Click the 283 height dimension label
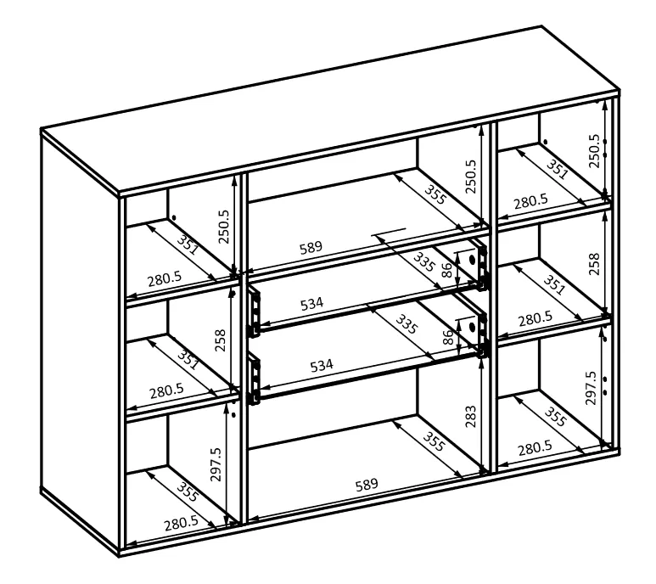[x=471, y=416]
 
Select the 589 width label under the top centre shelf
[x=311, y=247]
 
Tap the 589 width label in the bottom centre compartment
[x=367, y=485]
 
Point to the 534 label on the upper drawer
[x=312, y=303]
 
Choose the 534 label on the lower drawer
[x=322, y=365]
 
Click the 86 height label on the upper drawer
[x=447, y=270]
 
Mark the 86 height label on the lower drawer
[x=447, y=337]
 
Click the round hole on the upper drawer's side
[x=473, y=260]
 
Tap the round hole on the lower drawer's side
[x=473, y=327]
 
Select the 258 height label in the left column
[x=221, y=340]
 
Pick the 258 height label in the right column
[x=594, y=264]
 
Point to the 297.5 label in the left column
[x=216, y=464]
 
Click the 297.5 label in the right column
[x=591, y=387]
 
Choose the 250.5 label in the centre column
[x=471, y=176]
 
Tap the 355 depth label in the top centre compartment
[x=435, y=194]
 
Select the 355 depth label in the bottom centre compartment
[x=434, y=441]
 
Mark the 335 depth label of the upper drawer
[x=424, y=262]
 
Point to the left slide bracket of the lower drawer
[x=254, y=379]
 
